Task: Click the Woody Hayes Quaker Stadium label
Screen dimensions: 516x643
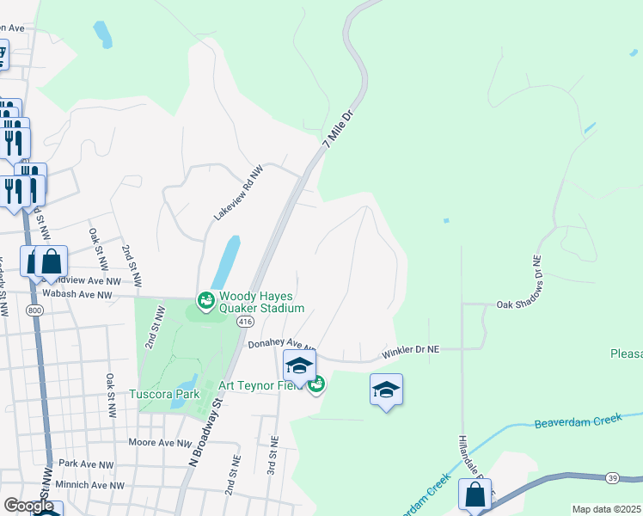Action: (262, 302)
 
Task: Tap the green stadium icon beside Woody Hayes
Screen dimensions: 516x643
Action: (205, 301)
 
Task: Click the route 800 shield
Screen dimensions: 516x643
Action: (34, 311)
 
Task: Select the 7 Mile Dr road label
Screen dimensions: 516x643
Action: (340, 129)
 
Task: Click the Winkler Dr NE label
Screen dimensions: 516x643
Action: (411, 350)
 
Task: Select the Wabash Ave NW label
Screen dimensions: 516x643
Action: (81, 295)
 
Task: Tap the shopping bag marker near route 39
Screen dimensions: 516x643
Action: (475, 495)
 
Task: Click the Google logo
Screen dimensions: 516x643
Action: (28, 506)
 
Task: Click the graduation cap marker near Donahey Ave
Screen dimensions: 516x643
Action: (299, 365)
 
